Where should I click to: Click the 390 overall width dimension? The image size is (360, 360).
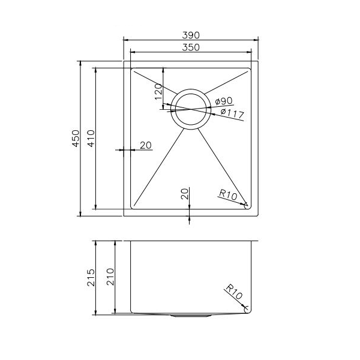point(191,35)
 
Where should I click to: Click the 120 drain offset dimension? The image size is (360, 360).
point(158,93)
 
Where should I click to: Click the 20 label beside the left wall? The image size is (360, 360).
point(145,145)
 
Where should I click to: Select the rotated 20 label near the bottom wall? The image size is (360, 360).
point(185,194)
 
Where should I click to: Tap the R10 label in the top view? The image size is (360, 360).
point(228,194)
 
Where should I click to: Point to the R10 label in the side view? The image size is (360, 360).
point(234,293)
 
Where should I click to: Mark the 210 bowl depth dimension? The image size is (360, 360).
point(110,277)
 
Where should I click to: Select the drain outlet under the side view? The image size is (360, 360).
point(191,314)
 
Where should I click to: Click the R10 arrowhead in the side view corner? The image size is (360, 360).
point(245,307)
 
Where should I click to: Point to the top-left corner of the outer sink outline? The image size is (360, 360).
point(124,61)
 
